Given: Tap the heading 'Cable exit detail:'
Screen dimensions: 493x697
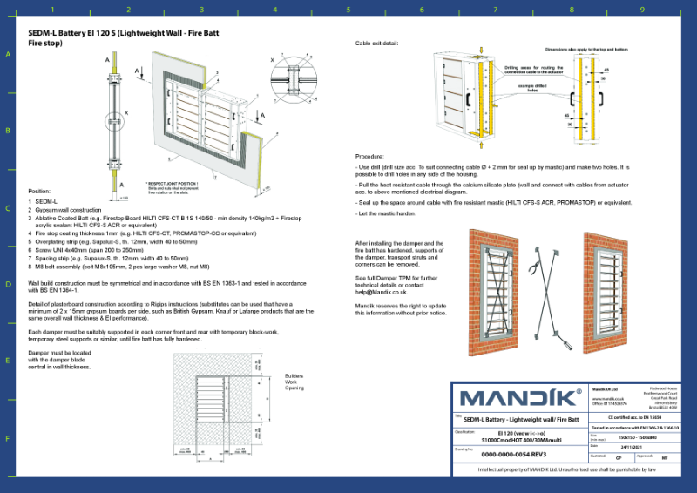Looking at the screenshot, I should [377, 43].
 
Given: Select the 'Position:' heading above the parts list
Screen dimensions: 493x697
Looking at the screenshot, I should [40, 191].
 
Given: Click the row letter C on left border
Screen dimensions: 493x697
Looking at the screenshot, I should [9, 208].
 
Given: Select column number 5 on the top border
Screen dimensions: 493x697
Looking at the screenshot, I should [348, 10].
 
